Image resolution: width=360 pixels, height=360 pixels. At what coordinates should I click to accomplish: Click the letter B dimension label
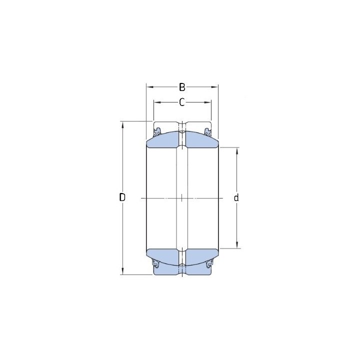point(182,87)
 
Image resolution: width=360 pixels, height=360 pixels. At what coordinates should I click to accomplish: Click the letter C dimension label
point(182,102)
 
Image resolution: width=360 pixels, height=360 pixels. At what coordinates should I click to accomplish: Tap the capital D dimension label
point(122,197)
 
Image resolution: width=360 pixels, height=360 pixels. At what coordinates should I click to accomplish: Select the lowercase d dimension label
point(236,197)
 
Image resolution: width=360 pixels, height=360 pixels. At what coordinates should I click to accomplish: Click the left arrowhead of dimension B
point(149,87)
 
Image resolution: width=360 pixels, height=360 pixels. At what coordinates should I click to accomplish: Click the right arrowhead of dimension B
point(214,87)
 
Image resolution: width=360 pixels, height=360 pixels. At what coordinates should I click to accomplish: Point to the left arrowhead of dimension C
point(157,102)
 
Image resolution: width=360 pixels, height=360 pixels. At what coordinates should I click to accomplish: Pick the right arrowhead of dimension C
point(207,102)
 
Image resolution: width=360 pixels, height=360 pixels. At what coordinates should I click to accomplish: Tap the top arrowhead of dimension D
point(122,125)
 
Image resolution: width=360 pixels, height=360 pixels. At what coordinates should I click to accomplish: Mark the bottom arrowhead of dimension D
point(122,271)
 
